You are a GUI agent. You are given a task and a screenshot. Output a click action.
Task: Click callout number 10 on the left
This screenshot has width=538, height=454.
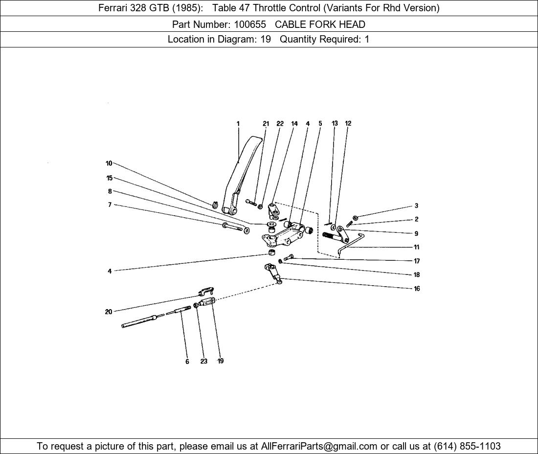point(109,163)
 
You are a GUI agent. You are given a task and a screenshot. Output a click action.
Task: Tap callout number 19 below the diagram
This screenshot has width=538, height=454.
point(221,361)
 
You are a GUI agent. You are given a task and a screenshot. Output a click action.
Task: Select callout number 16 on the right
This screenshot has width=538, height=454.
point(417,289)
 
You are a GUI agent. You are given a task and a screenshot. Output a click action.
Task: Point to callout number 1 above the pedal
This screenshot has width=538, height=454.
point(238,124)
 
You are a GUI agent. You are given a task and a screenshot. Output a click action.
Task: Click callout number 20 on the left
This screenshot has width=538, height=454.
point(109,312)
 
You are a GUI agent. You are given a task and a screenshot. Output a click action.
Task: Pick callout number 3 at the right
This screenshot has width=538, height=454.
point(417,206)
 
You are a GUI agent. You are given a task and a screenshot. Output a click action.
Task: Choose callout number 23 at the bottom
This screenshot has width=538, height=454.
point(204,362)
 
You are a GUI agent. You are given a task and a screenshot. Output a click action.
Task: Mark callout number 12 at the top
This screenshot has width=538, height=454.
point(348,123)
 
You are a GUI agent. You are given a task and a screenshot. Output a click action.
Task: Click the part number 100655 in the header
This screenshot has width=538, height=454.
point(250,24)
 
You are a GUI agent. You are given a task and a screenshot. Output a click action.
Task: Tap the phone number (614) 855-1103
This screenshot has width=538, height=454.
point(467,446)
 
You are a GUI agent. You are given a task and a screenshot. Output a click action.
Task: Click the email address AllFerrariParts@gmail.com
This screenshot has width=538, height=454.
point(319,446)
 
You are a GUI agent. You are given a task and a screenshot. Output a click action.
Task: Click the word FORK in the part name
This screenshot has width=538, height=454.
point(320,24)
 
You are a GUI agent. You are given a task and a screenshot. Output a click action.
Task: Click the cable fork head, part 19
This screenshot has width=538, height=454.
point(208,302)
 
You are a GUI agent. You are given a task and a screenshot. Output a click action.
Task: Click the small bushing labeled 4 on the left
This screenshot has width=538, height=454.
point(272,253)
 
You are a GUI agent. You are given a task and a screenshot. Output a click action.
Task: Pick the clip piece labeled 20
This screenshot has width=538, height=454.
point(205,291)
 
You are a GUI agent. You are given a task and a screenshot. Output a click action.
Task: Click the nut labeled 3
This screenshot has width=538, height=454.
point(356,217)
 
